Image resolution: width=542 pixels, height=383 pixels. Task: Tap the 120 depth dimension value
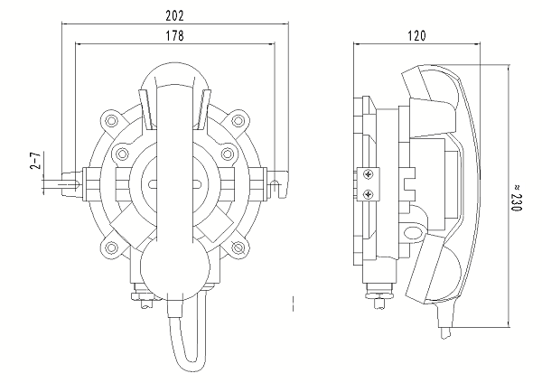(416, 35)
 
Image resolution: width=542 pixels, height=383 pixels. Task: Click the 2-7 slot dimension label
(34, 162)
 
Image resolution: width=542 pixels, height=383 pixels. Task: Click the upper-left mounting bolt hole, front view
(111, 118)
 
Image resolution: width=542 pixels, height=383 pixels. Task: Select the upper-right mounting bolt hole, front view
(238, 118)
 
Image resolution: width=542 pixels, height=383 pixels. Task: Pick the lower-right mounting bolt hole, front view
(238, 247)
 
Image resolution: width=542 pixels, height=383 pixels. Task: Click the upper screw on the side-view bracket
(368, 174)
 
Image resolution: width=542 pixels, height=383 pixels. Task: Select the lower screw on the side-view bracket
(368, 192)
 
